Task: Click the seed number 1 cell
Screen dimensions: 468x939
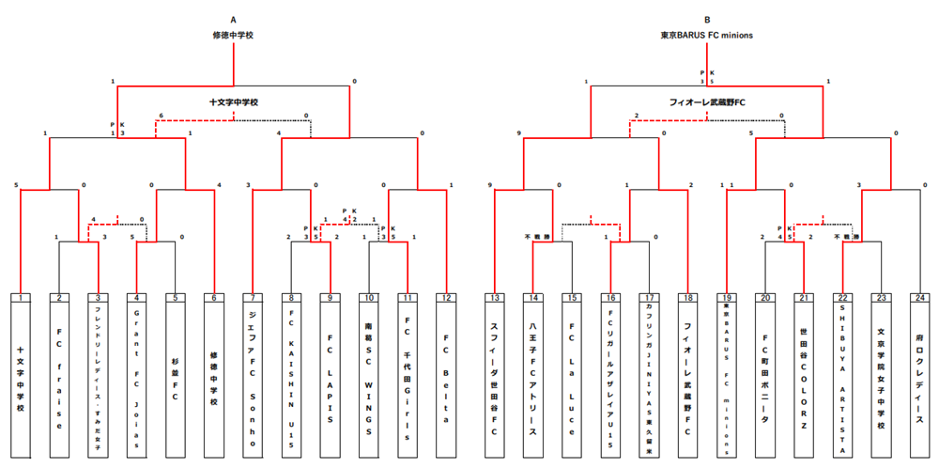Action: click(x=21, y=298)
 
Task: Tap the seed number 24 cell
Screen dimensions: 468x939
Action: click(x=920, y=298)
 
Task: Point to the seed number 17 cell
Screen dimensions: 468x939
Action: click(x=650, y=298)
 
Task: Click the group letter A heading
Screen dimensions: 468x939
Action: click(x=233, y=19)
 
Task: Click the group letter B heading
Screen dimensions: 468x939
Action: click(x=707, y=19)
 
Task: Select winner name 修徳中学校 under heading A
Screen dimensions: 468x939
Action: click(x=233, y=35)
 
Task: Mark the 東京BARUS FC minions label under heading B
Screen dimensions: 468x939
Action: click(x=707, y=35)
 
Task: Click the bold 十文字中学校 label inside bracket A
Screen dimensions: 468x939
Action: click(x=233, y=101)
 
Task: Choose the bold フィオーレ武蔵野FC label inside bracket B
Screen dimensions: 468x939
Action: click(x=707, y=101)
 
